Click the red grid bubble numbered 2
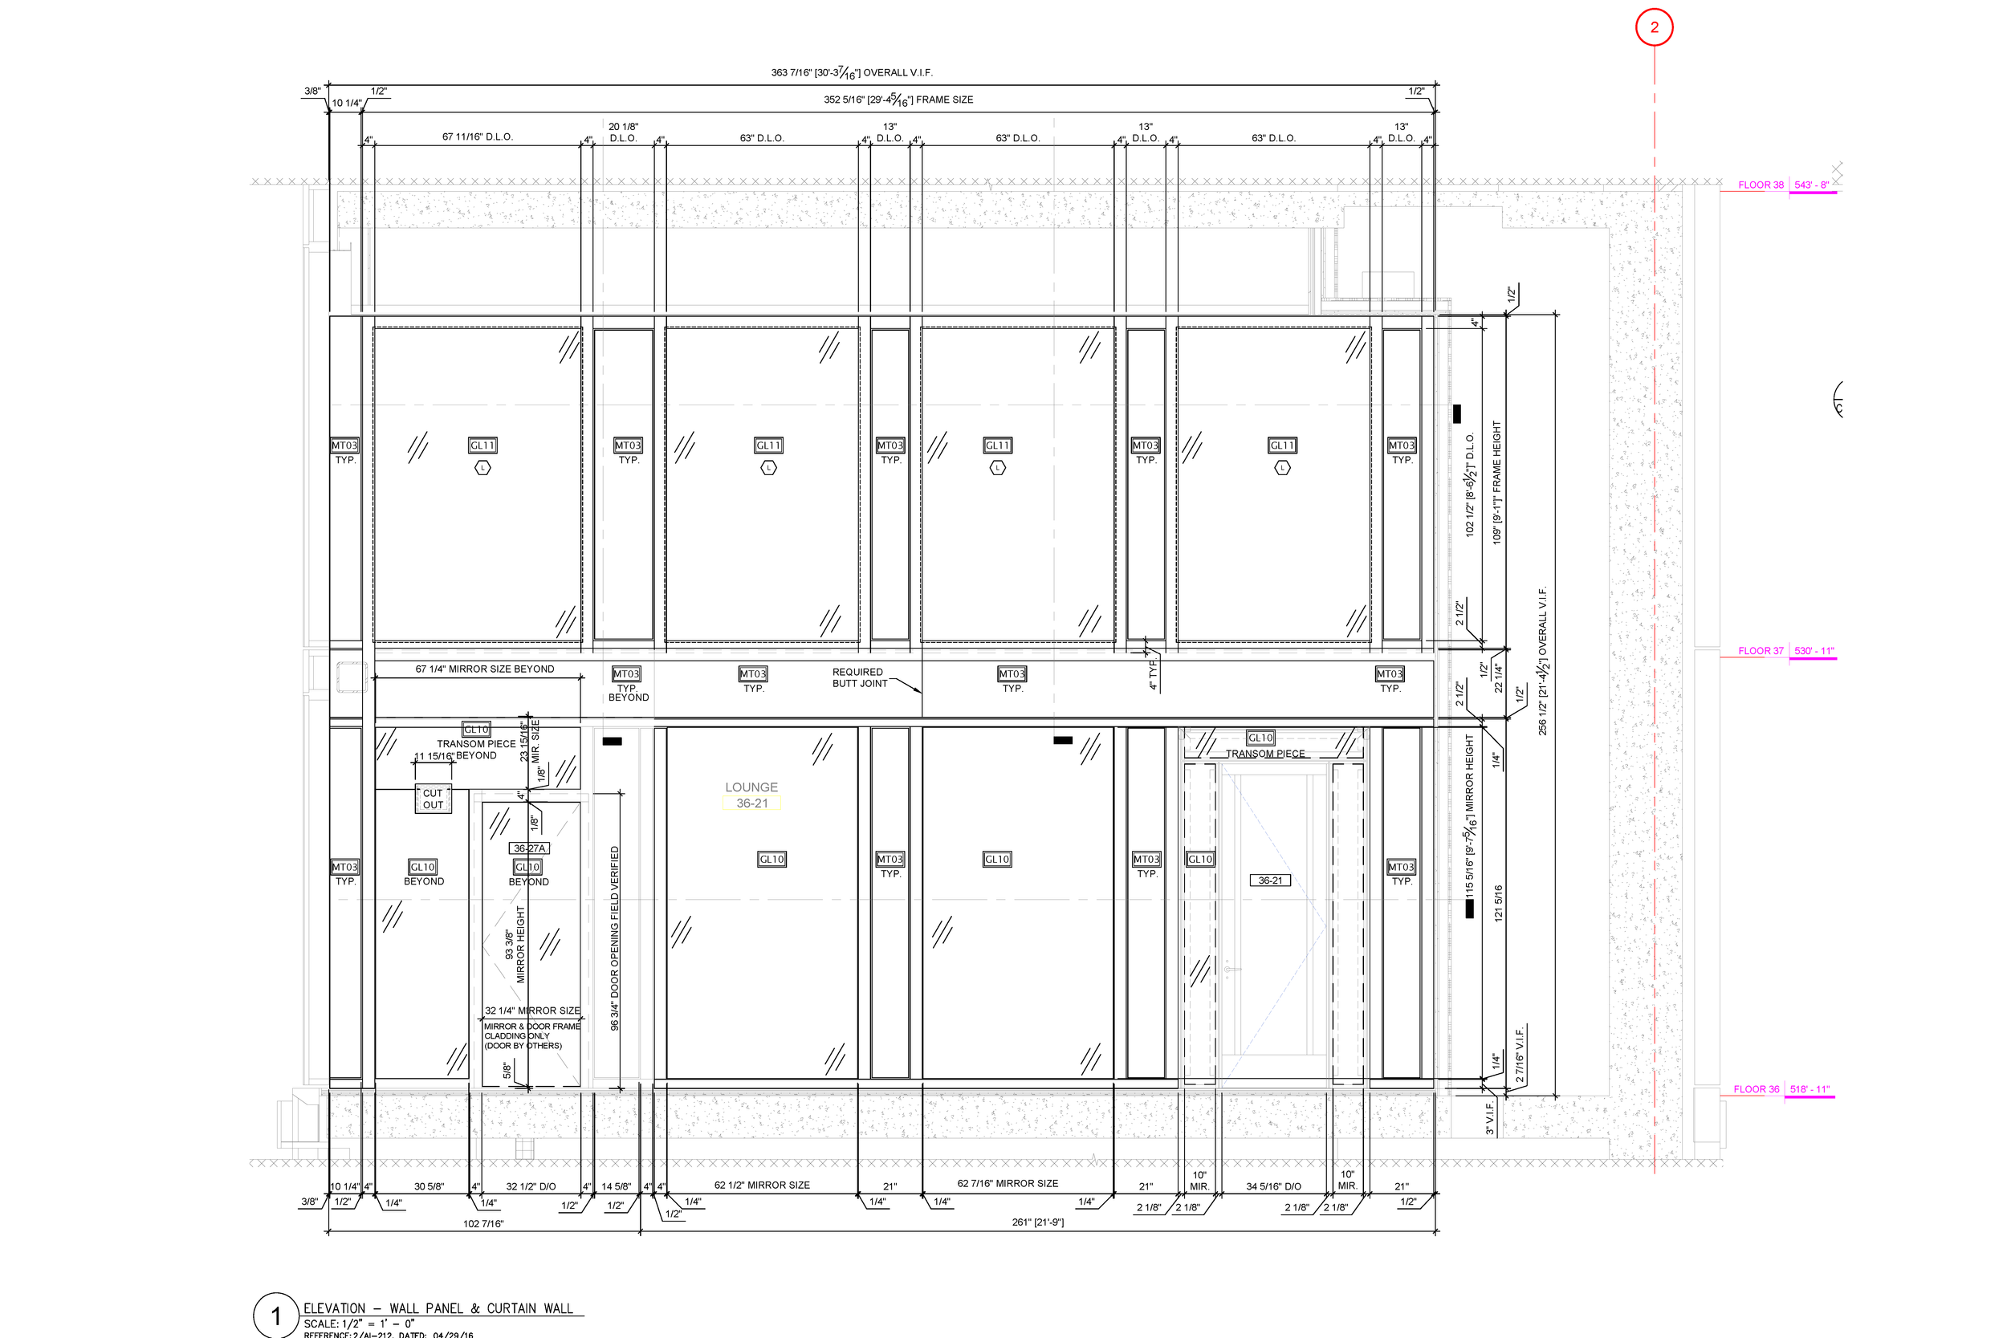[x=1653, y=27]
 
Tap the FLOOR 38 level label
[x=1761, y=185]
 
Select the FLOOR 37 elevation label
[x=1761, y=651]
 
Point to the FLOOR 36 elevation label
[x=1757, y=1090]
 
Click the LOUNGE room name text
[x=751, y=787]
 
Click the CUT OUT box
[x=433, y=799]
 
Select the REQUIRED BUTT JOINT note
[x=858, y=677]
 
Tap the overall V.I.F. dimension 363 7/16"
[x=851, y=72]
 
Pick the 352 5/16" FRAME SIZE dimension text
[x=898, y=100]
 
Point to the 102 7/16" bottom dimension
[x=483, y=1225]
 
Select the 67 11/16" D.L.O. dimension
[x=477, y=136]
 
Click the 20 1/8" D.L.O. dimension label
[x=623, y=132]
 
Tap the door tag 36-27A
[x=529, y=848]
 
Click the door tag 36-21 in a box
[x=1270, y=880]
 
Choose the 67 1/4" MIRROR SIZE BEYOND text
[x=484, y=669]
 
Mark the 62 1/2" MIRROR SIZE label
[x=761, y=1185]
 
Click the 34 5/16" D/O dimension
[x=1273, y=1187]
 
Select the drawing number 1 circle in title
[x=275, y=1315]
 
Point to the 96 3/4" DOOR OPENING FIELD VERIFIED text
[x=614, y=937]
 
